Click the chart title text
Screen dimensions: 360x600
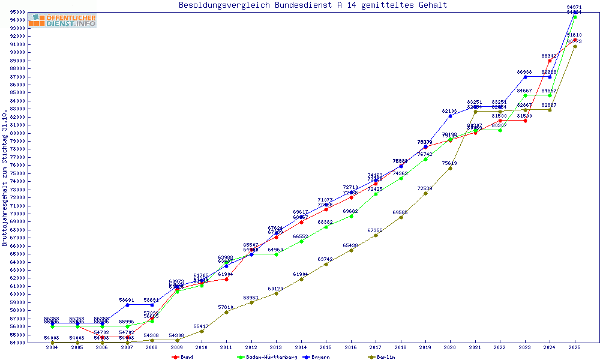[313, 5]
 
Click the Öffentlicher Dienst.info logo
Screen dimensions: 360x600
[62, 20]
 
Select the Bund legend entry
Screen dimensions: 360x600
[183, 357]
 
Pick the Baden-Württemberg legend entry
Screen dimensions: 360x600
[268, 357]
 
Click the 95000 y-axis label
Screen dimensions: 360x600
[17, 12]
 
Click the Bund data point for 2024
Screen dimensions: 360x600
[550, 61]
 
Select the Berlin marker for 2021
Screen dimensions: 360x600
[475, 112]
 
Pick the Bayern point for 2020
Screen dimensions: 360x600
[450, 116]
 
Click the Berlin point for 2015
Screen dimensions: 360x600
[326, 264]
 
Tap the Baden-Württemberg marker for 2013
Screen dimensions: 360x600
[276, 254]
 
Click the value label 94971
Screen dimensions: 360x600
[574, 7]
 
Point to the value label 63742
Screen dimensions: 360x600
[325, 259]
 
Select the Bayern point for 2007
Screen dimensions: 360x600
[127, 305]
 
